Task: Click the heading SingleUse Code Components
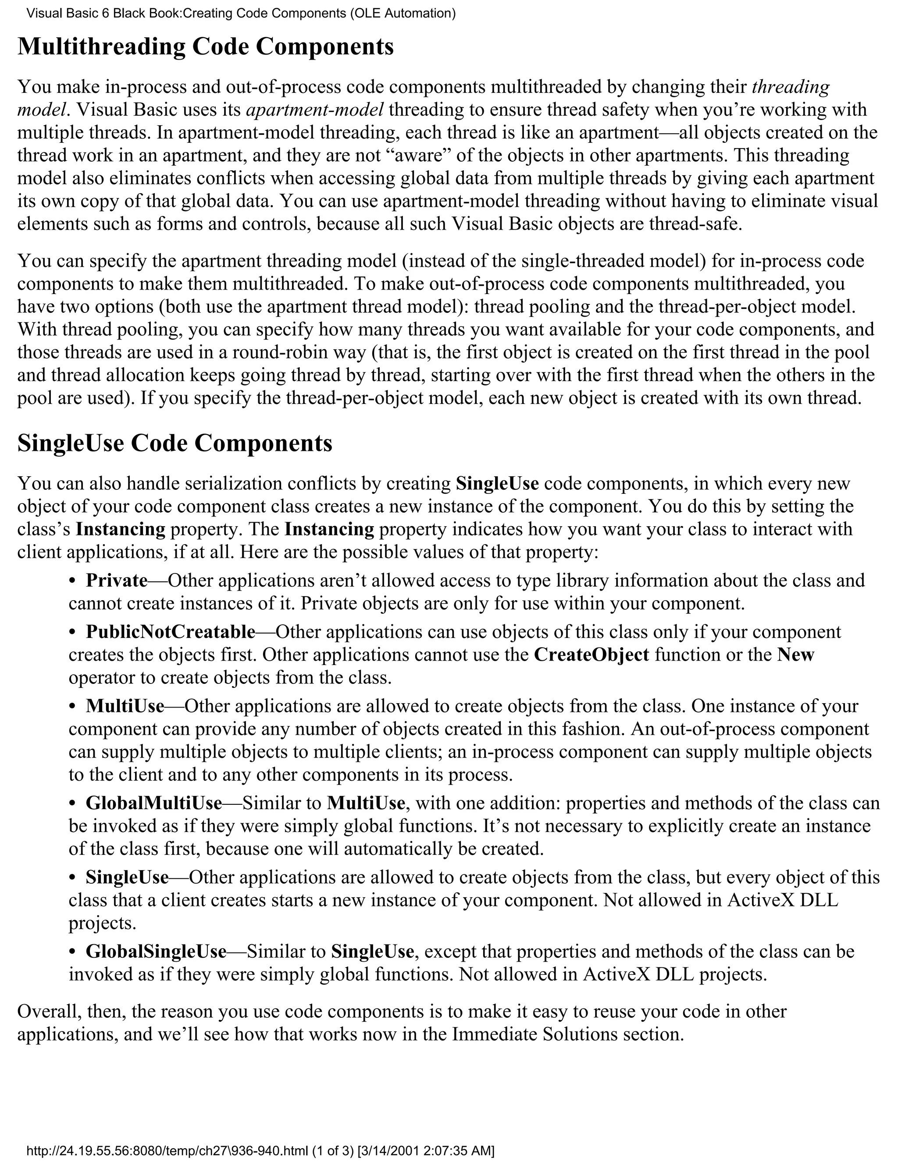coord(175,443)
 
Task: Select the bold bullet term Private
coord(117,580)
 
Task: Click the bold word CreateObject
coord(591,655)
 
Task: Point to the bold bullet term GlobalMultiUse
coord(154,803)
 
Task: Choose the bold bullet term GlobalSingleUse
coord(156,951)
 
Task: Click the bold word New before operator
coord(795,655)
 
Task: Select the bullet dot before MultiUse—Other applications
coord(73,707)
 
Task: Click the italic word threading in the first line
coord(791,86)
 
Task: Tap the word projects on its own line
coord(102,923)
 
